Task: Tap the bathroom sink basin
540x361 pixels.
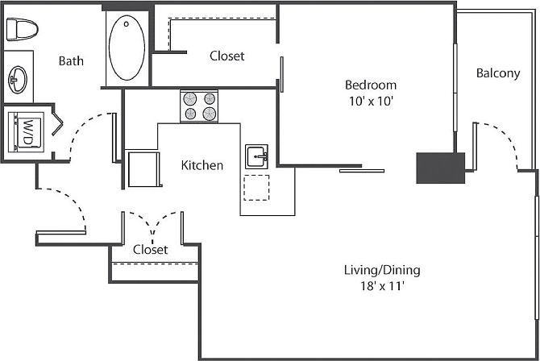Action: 19,79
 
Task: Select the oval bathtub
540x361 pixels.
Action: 127,48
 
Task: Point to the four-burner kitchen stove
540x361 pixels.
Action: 199,106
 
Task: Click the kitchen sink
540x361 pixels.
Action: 257,156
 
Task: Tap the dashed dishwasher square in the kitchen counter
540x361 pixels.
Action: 257,186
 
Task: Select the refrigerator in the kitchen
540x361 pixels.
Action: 144,168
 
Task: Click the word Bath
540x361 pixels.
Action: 71,60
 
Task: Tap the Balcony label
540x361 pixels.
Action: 497,73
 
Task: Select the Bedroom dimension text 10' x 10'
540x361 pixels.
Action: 371,102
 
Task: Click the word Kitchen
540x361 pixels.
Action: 201,165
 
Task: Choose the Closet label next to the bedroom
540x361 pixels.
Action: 226,56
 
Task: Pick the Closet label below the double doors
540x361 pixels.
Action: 151,250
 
